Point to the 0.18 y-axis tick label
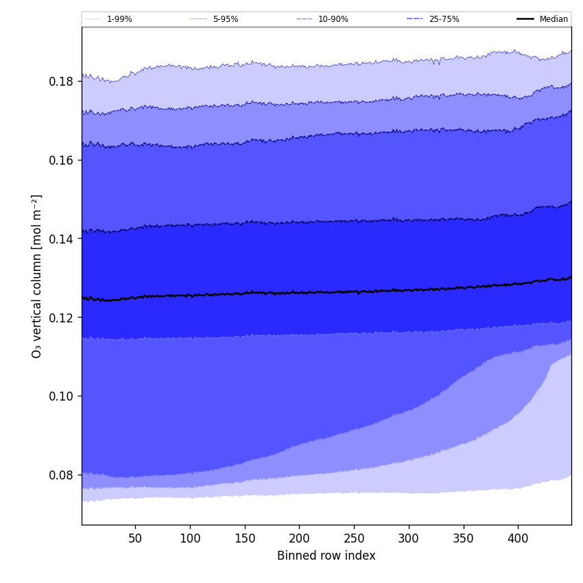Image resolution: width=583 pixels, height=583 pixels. (x=61, y=82)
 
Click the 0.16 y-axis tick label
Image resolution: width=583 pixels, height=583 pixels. (x=61, y=160)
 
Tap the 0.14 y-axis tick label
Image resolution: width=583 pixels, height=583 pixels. (x=61, y=239)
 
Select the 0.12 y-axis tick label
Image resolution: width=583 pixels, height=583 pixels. (x=61, y=318)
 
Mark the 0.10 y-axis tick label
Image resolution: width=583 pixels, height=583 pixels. (x=61, y=396)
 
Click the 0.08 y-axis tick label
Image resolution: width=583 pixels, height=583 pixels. (x=61, y=475)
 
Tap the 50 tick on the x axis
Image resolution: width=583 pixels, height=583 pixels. (x=135, y=538)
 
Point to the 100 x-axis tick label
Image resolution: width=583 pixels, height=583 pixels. (x=190, y=538)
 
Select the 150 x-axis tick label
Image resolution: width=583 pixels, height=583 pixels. (x=245, y=538)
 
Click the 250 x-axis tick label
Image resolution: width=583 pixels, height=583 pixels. (x=354, y=538)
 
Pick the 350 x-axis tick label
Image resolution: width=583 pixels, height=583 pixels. (x=464, y=538)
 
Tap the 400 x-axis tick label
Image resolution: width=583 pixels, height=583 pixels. (x=518, y=538)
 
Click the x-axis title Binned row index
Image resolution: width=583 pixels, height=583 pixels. (x=326, y=556)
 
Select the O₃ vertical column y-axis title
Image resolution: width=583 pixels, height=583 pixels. (x=37, y=276)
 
